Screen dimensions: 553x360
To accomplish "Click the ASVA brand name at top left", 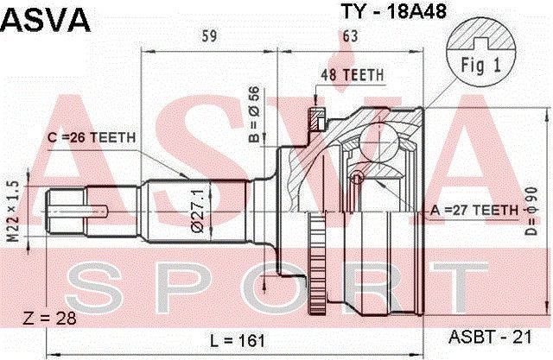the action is coord(46,20).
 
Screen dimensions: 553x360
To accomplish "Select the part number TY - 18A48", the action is coord(393,11).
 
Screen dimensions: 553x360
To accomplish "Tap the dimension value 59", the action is coord(209,36).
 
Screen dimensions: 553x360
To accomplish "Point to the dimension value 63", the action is coord(350,36).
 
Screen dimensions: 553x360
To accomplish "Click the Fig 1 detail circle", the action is coord(481,53).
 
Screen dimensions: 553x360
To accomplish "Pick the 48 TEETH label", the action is coord(352,75).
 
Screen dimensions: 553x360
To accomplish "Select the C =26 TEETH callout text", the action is coord(92,137).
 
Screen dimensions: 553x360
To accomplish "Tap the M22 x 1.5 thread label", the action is coord(14,212).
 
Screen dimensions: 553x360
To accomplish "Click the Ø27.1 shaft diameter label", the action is coord(198,211).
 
